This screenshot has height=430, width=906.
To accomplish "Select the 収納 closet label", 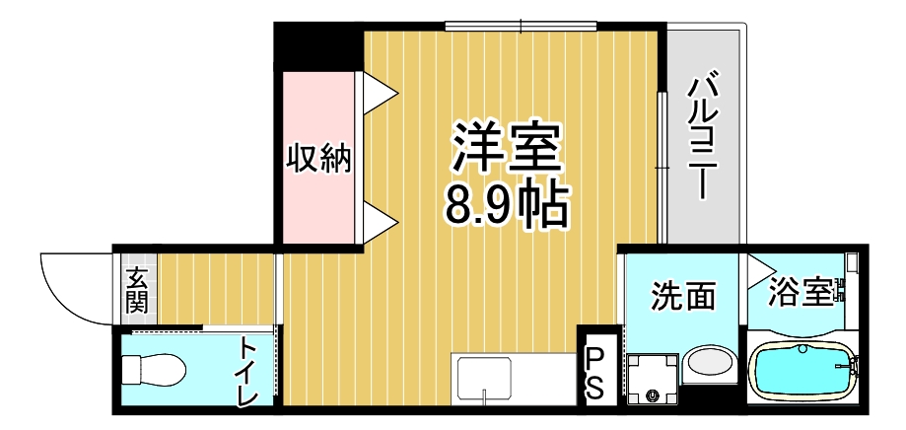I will pyautogui.click(x=318, y=158).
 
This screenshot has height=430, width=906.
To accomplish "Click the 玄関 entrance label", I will pyautogui.click(x=136, y=290).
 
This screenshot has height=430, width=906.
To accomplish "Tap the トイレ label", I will pyautogui.click(x=246, y=372).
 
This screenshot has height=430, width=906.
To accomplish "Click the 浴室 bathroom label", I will pyautogui.click(x=801, y=293).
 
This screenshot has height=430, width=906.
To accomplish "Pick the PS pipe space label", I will pyautogui.click(x=596, y=373).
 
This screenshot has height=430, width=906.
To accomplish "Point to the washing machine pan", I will pyautogui.click(x=653, y=380).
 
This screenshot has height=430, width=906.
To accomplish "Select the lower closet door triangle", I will pyautogui.click(x=378, y=223).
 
